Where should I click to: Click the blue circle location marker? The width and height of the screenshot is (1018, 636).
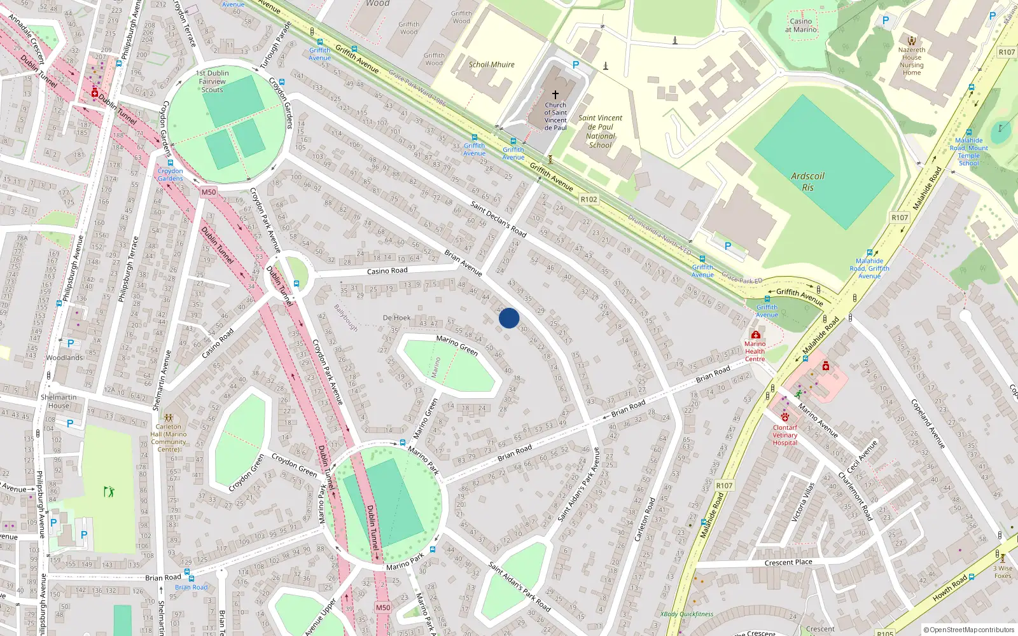[x=509, y=318]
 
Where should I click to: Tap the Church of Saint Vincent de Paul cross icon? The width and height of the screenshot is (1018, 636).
[x=555, y=94]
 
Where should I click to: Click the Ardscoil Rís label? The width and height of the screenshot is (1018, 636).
[x=807, y=182]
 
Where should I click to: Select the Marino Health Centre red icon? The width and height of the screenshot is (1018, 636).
[x=755, y=335]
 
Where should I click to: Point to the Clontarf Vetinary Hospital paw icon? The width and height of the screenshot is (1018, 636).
[x=784, y=417]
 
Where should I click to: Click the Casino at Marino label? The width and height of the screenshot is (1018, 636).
[x=801, y=25]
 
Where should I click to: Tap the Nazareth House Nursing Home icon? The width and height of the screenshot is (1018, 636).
[x=912, y=40]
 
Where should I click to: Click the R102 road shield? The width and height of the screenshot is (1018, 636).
[x=589, y=199]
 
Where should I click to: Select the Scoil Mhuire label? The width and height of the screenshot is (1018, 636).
[x=491, y=64]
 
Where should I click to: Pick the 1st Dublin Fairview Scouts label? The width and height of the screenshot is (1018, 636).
[x=213, y=81]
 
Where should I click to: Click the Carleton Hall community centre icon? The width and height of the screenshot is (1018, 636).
[x=169, y=417]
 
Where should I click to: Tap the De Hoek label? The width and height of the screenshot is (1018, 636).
[x=397, y=317]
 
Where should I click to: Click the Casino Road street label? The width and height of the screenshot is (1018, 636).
[x=387, y=271]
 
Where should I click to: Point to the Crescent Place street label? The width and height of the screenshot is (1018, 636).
[x=788, y=562]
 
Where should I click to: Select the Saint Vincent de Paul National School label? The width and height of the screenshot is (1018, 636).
[x=600, y=132]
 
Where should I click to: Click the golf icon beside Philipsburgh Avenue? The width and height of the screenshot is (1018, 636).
[x=109, y=492]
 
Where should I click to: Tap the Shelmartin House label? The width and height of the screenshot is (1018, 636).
[x=59, y=401]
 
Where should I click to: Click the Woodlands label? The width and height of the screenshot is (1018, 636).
[x=64, y=357]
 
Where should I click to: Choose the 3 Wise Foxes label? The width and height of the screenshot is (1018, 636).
[x=1003, y=572]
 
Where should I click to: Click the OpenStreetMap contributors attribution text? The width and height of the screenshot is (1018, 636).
[x=968, y=630]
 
